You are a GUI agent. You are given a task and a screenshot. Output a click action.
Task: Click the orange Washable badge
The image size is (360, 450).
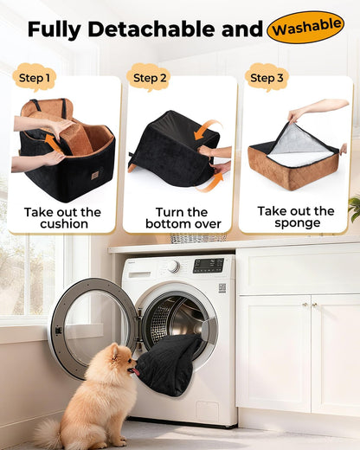(x=305, y=27)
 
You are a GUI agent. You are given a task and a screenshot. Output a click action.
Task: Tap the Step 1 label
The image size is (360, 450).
(x=35, y=78)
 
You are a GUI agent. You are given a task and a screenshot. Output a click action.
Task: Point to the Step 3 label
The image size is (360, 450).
(x=266, y=78)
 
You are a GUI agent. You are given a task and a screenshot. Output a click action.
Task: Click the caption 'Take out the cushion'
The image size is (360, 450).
(x=63, y=217)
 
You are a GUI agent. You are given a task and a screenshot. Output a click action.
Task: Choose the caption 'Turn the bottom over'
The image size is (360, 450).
(x=181, y=217)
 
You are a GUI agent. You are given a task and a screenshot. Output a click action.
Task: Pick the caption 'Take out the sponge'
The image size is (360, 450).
(x=296, y=216)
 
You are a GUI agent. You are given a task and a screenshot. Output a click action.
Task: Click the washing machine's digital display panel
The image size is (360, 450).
(x=208, y=266)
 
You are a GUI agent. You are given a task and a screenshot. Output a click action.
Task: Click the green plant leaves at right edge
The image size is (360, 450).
(x=354, y=206)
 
